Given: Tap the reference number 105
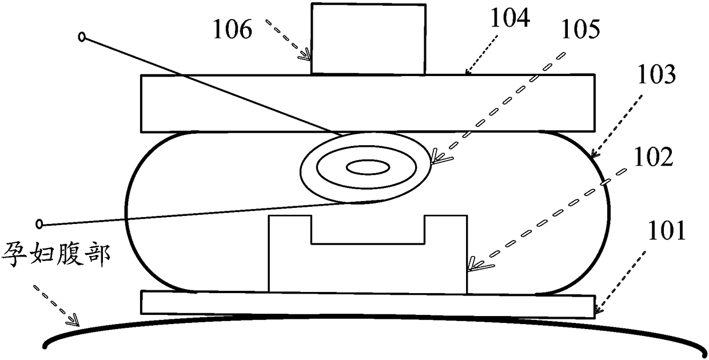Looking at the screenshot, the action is coord(580,30).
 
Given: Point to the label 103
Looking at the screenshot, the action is coord(655,74).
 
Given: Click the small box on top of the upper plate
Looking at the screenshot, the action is coord(368,38).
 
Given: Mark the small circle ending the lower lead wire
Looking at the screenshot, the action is coord(39,223).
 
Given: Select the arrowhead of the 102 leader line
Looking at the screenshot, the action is coord(472,264).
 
